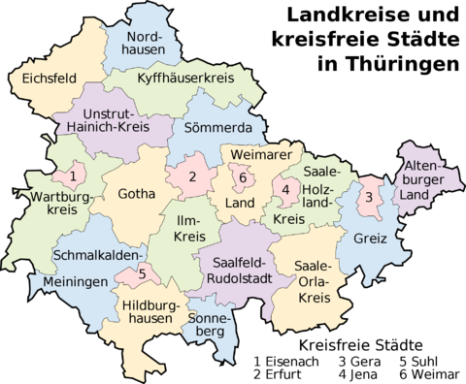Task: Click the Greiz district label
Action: [371, 238]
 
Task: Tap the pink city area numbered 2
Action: [192, 176]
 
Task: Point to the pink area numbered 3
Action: [368, 198]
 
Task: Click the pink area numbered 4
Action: [285, 190]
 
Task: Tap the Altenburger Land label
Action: [428, 180]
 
